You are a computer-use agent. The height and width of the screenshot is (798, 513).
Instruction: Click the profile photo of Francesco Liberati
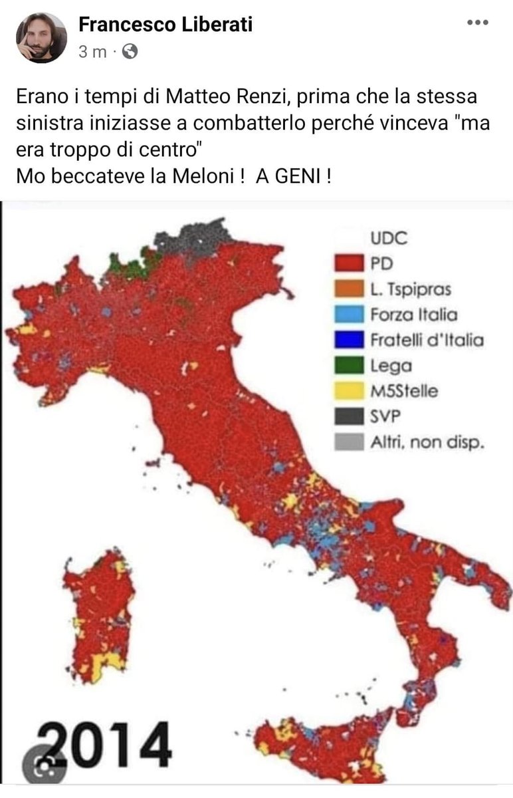click(x=41, y=37)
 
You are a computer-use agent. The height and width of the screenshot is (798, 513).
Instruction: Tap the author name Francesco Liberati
click(x=165, y=25)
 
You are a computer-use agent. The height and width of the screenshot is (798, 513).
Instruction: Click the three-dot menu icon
click(x=477, y=23)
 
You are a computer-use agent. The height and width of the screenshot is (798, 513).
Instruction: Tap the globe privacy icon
click(x=130, y=51)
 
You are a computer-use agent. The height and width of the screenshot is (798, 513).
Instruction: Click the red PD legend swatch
click(x=348, y=264)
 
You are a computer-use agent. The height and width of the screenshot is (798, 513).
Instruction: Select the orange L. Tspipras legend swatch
click(x=348, y=289)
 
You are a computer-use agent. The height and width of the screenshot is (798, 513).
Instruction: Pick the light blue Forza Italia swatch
click(x=348, y=315)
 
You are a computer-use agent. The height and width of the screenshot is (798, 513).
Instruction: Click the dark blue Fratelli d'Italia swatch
click(x=348, y=340)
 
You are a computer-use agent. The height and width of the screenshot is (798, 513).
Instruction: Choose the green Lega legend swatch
click(x=348, y=365)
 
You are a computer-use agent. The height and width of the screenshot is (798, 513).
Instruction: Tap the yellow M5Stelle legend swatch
click(x=348, y=390)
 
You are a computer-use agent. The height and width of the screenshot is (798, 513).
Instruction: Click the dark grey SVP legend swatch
click(x=348, y=416)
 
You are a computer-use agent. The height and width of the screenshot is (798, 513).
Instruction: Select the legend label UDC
click(x=389, y=238)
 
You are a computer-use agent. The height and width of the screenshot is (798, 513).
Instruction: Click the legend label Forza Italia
click(x=413, y=315)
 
